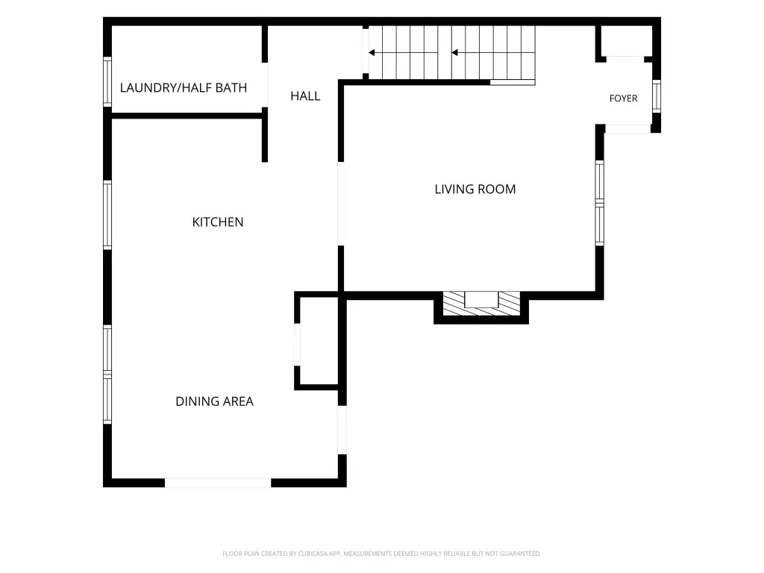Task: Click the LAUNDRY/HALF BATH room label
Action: coord(184,88)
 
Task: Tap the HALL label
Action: coord(305,96)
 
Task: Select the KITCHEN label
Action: coord(218,222)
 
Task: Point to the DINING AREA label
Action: coord(214,401)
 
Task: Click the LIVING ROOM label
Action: coord(475,189)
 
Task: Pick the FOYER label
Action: coord(623,98)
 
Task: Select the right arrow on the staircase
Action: coord(493,53)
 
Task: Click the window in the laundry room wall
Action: coord(107,82)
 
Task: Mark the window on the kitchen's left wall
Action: coord(107,215)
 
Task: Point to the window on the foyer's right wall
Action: coord(657,96)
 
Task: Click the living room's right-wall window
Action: coord(599,203)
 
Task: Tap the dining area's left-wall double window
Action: coord(107,375)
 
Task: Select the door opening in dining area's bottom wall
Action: coord(218,483)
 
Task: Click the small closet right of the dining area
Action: coord(319,341)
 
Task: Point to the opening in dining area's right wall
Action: coord(342,430)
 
